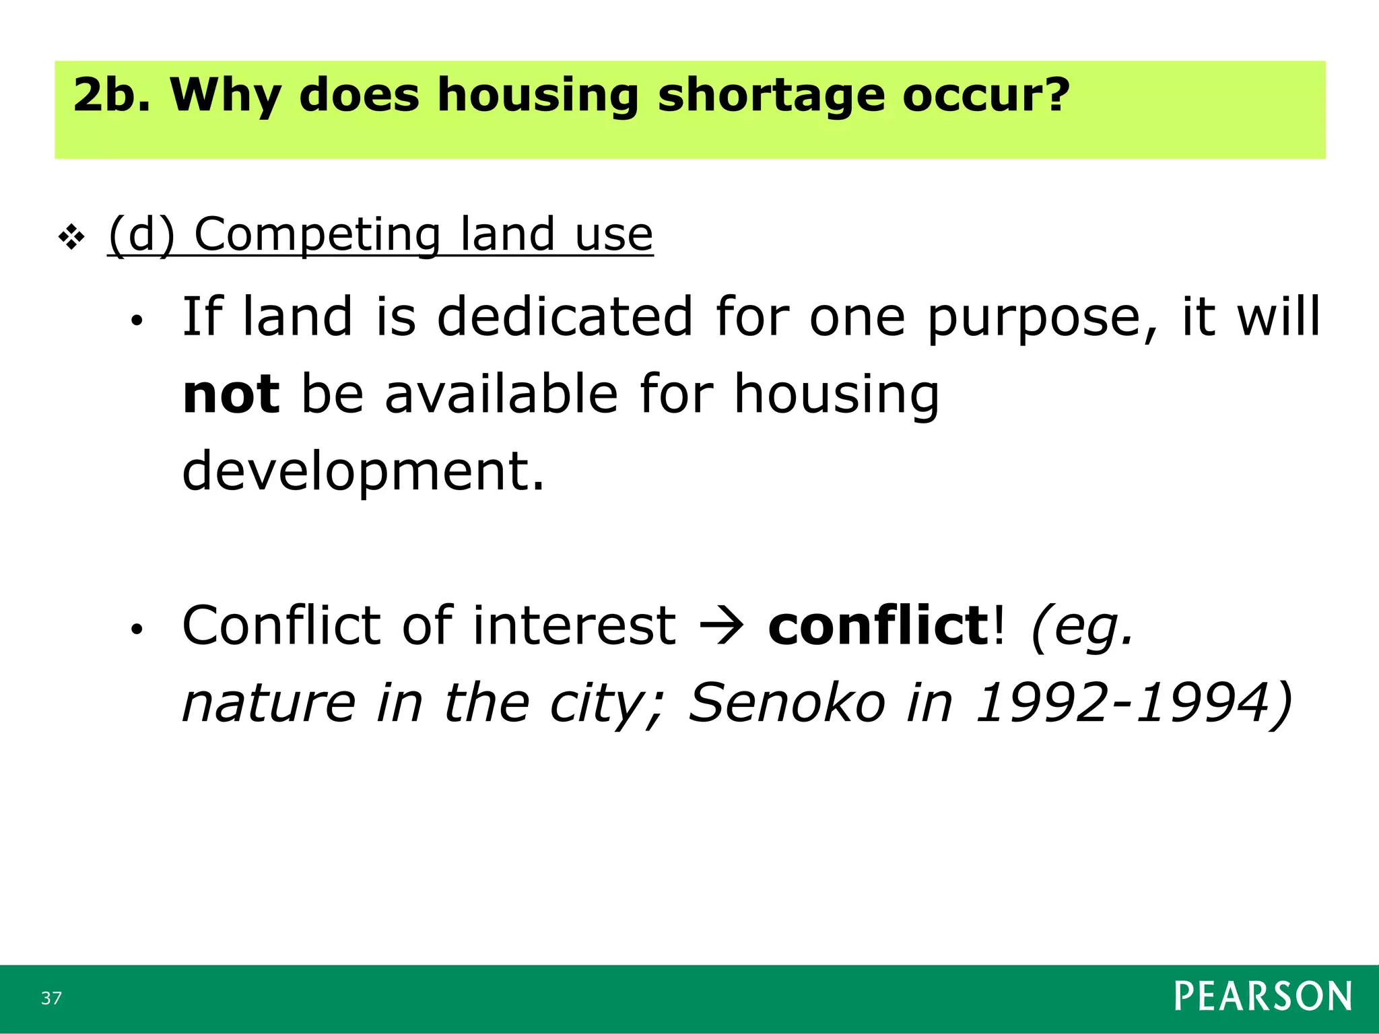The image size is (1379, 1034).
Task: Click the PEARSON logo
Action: tap(1263, 996)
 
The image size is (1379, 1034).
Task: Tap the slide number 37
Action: tap(51, 998)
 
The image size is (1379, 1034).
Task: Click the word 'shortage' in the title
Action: tap(770, 95)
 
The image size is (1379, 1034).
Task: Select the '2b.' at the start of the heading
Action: tap(111, 95)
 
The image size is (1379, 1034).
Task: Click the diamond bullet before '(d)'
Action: tap(71, 236)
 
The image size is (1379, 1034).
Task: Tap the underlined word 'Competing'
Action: tap(316, 236)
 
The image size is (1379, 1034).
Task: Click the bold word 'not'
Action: tap(230, 394)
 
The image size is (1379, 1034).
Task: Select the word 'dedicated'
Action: tap(564, 316)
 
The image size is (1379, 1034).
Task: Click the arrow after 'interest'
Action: tap(722, 626)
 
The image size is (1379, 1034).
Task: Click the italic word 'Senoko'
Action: tap(786, 703)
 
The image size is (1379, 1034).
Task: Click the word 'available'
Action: tap(501, 394)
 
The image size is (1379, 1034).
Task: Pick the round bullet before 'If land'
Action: tap(137, 321)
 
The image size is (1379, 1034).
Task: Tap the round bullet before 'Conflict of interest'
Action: tap(137, 629)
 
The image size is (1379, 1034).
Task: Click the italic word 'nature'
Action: tap(269, 703)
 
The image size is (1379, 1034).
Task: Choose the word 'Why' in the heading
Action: tap(225, 95)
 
